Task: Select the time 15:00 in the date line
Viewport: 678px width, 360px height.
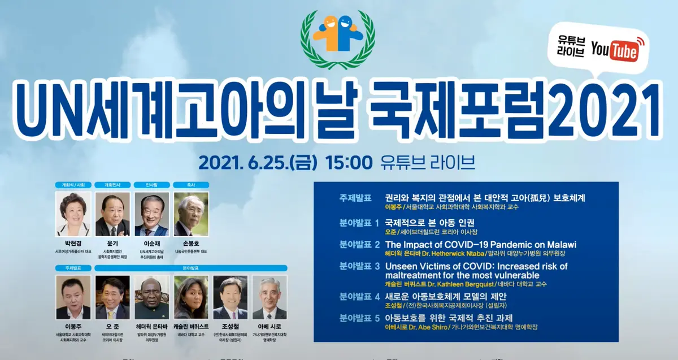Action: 349,163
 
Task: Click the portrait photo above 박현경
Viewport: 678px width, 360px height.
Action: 73,214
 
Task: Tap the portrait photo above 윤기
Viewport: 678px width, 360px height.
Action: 112,214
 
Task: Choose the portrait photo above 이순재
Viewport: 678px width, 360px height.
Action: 151,214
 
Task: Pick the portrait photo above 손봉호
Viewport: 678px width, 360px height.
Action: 191,214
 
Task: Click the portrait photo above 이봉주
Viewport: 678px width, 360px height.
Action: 73,297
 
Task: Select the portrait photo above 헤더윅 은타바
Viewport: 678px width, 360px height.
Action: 151,297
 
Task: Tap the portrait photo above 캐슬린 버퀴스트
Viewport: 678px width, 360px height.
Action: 191,297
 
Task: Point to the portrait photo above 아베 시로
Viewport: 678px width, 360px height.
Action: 269,297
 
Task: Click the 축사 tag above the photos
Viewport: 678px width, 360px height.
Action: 191,184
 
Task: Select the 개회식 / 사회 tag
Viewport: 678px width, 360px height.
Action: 73,184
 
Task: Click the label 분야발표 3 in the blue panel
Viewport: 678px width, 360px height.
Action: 359,266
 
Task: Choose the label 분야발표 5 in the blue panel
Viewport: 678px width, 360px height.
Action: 359,318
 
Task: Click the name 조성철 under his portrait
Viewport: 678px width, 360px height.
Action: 230,327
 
